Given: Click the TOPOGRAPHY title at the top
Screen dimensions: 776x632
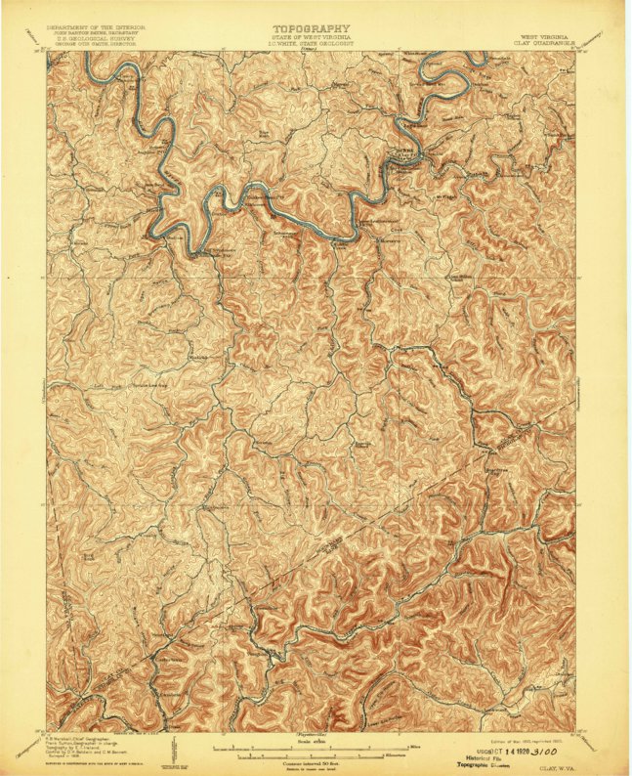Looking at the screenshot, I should point(312,28).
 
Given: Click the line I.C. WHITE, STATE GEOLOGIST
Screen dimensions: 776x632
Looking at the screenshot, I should point(312,45).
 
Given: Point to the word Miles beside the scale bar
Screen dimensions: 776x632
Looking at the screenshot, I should point(415,748).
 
